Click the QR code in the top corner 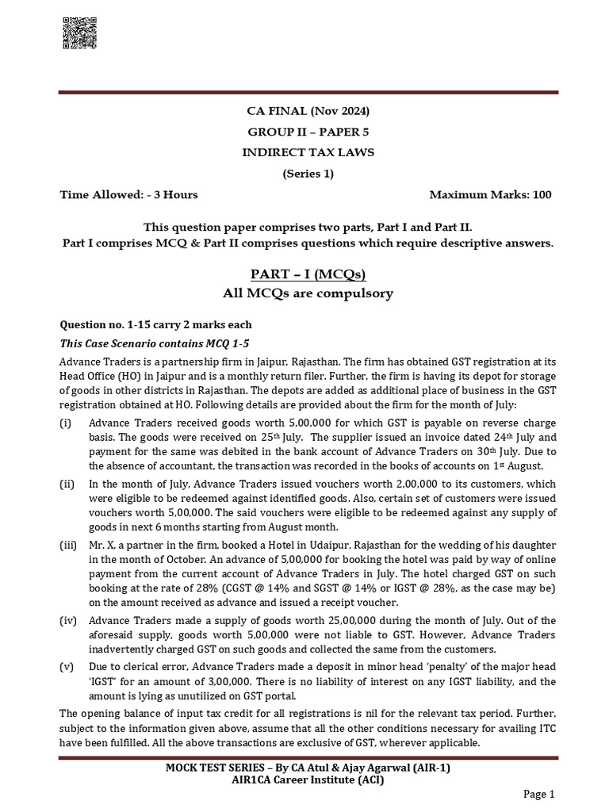pyautogui.click(x=78, y=34)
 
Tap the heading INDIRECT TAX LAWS pyautogui.click(x=308, y=152)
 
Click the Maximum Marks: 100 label pyautogui.click(x=490, y=194)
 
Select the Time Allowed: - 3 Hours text pyautogui.click(x=129, y=194)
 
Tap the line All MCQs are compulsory pyautogui.click(x=308, y=293)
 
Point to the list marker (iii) pyautogui.click(x=69, y=546)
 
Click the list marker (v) pyautogui.click(x=68, y=666)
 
